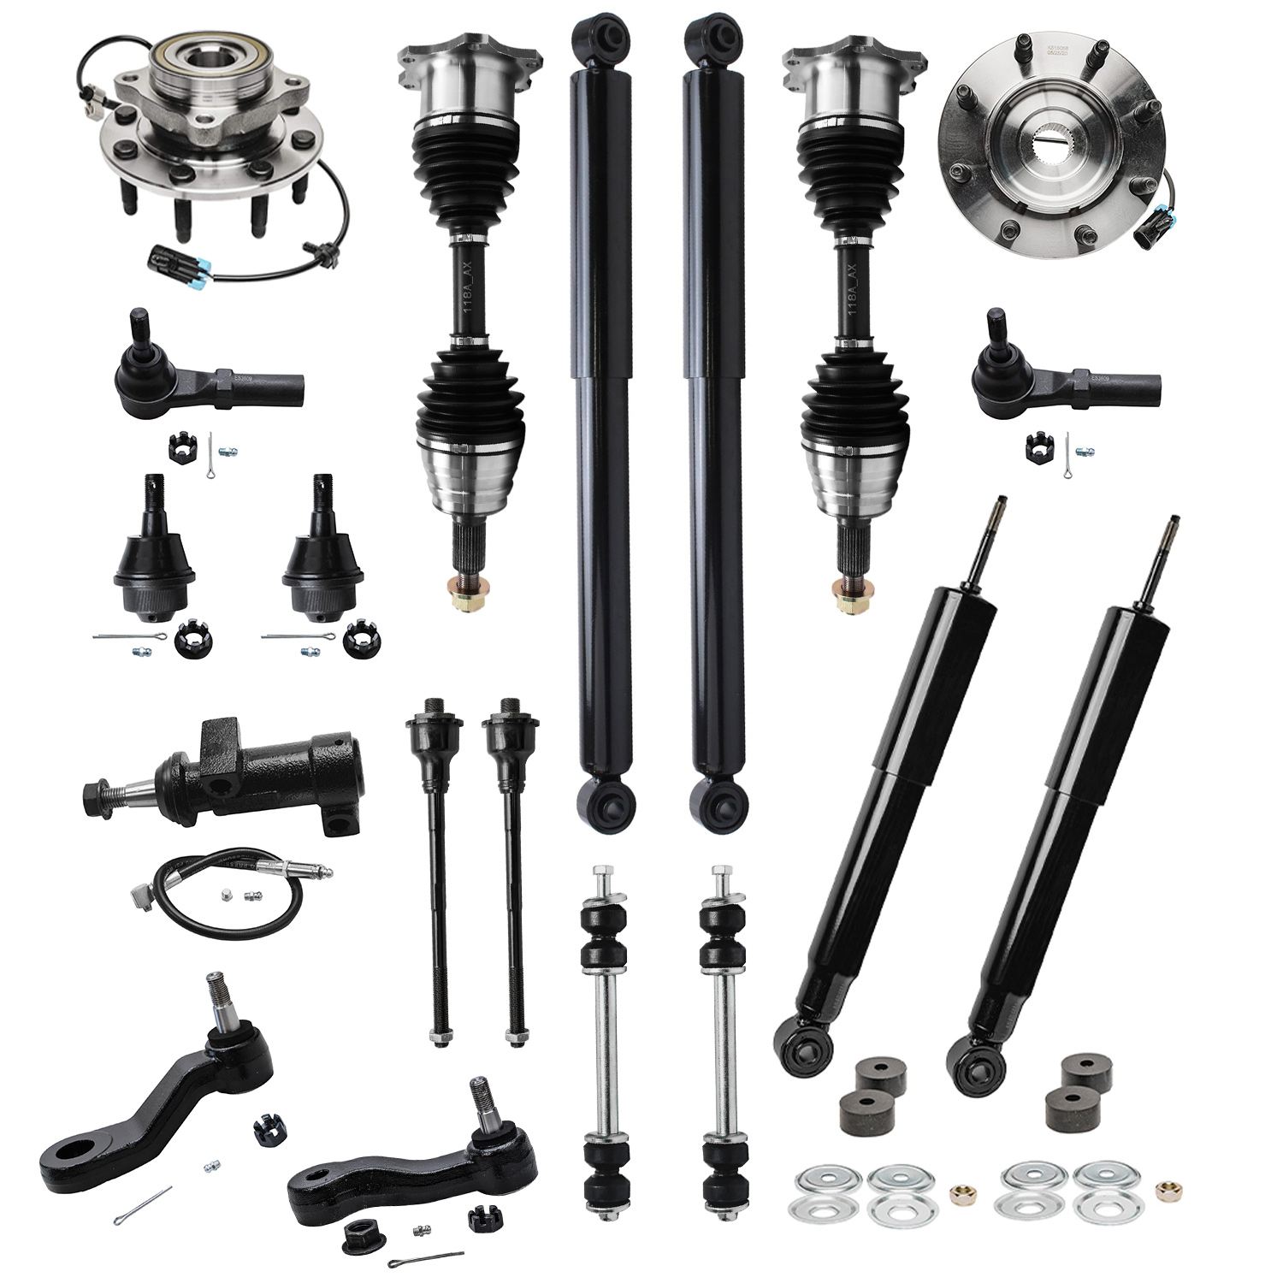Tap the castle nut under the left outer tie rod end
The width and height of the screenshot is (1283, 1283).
[180, 445]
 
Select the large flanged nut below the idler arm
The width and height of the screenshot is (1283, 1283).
[358, 1232]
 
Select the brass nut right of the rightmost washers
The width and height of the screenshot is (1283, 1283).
[1164, 1188]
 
